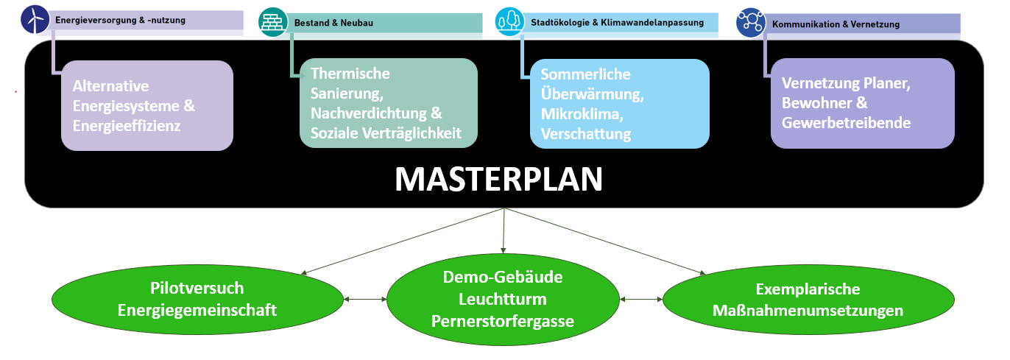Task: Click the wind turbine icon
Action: pos(35,20)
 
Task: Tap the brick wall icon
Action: pos(272,22)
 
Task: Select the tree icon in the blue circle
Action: pos(509,21)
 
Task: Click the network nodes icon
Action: pos(751,24)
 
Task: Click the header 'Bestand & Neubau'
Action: pos(333,24)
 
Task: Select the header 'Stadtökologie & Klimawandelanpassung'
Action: pos(617,23)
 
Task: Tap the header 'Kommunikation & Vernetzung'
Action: pos(836,24)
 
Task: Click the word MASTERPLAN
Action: pos(498,179)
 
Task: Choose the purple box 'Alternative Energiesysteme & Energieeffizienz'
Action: pos(147,106)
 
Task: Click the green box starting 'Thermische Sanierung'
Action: pos(388,103)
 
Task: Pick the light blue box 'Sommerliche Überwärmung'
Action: pos(620,104)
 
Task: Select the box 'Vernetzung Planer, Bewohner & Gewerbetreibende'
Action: pos(862,104)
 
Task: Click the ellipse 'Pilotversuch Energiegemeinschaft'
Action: pos(197,299)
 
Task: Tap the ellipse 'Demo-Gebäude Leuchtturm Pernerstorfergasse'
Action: pos(503,299)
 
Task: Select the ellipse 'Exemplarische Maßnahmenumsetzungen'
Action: pos(808,299)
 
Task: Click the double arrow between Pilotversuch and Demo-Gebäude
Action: pos(365,299)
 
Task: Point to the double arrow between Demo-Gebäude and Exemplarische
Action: pos(641,299)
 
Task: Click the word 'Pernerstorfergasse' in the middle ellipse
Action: pos(503,321)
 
